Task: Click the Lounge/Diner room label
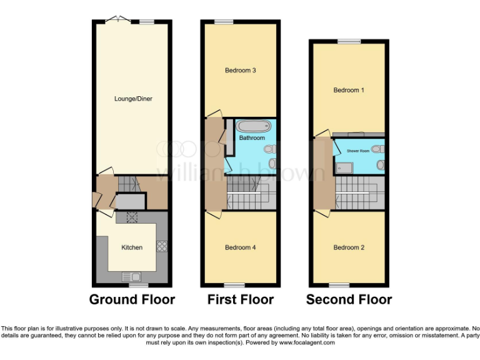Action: tap(133, 99)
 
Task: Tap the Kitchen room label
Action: tap(132, 247)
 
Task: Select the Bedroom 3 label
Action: tap(241, 71)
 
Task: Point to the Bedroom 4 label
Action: tap(241, 247)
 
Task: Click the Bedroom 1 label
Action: tap(349, 91)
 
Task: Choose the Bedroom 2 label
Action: tap(349, 247)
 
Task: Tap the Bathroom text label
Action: tap(252, 137)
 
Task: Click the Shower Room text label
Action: tap(355, 151)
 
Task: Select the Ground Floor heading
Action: tap(132, 299)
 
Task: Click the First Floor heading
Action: tap(241, 299)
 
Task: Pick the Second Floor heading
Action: tap(349, 299)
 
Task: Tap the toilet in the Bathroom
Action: tap(270, 149)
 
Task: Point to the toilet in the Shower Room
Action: tap(381, 164)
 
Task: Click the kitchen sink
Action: tap(132, 276)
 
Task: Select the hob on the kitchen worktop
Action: tap(161, 246)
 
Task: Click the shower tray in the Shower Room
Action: tap(343, 166)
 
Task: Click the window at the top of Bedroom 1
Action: tap(346, 42)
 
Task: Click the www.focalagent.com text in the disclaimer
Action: tap(307, 342)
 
